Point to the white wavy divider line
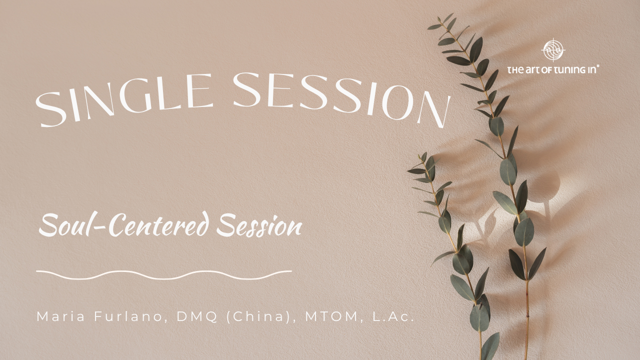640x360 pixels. pyautogui.click(x=164, y=274)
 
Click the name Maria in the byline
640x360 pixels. pyautogui.click(x=56, y=316)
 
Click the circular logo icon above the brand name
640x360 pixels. pyautogui.click(x=553, y=50)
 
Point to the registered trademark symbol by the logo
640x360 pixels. pyautogui.click(x=598, y=65)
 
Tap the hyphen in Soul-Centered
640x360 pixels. pyautogui.click(x=103, y=227)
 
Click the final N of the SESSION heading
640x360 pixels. pyautogui.click(x=434, y=109)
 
